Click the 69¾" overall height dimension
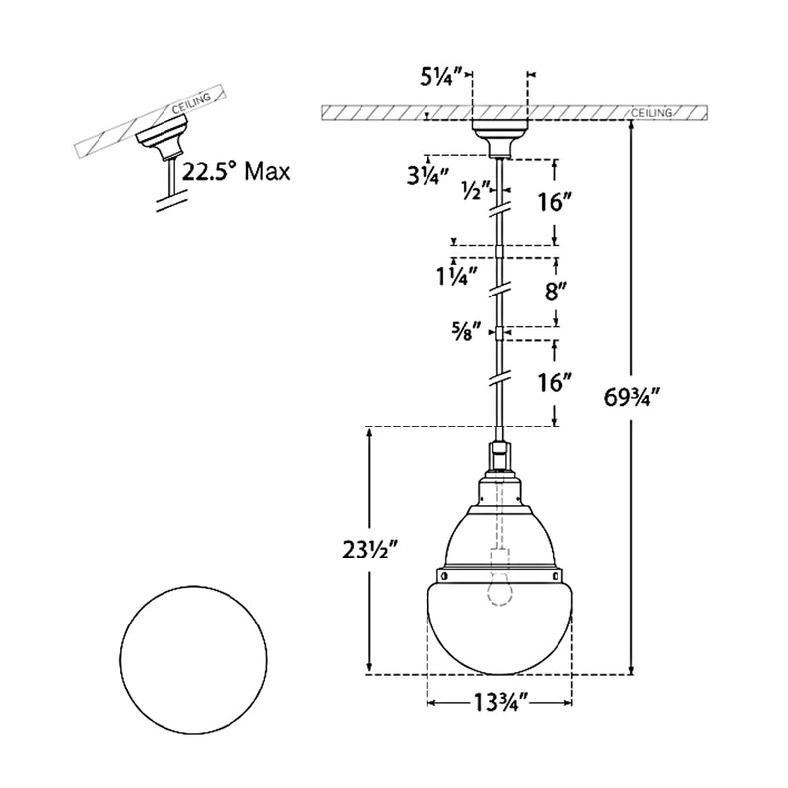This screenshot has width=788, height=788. [x=630, y=398]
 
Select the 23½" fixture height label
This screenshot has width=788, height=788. [x=370, y=551]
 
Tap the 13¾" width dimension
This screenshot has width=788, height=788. [x=499, y=702]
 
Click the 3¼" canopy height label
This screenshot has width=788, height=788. [x=427, y=175]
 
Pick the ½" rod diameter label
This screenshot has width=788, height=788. [x=476, y=191]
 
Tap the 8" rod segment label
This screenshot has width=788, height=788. [x=556, y=292]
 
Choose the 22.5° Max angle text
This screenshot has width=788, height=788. [x=235, y=171]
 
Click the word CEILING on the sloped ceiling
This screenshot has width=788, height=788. [x=191, y=103]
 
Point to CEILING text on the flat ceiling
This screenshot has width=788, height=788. [x=651, y=113]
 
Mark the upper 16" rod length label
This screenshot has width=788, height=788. [x=553, y=202]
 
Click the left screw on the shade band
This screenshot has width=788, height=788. [x=445, y=575]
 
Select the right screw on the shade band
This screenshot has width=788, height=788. [x=555, y=575]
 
